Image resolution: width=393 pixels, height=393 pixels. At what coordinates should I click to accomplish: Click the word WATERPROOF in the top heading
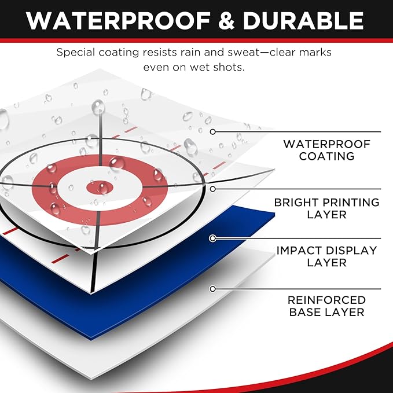118,21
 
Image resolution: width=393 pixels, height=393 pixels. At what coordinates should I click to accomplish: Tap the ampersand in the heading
226,21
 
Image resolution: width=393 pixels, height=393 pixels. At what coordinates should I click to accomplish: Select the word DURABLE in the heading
303,21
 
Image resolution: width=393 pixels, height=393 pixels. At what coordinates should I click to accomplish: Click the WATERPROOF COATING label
327,150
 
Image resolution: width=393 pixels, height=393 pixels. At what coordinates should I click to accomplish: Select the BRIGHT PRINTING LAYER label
327,208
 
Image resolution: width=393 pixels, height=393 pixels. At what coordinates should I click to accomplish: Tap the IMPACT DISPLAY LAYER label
327,256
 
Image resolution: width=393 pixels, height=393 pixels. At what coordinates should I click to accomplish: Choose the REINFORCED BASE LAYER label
327,306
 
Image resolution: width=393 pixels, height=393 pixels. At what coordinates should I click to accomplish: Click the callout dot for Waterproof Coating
213,131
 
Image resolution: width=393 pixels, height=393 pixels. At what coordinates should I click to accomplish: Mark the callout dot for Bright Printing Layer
213,189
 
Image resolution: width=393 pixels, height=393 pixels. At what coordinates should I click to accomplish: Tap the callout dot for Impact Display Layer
213,238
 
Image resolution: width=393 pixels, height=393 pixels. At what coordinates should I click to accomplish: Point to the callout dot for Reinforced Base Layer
213,289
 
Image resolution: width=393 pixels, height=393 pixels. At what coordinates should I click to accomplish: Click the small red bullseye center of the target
100,188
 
